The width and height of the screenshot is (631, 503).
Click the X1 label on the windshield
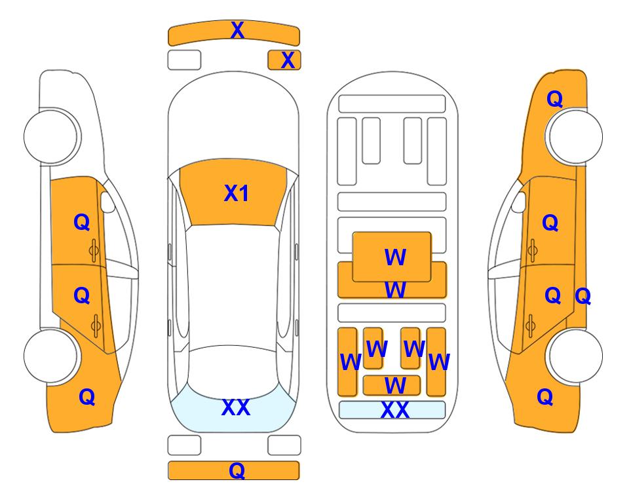tap(237, 193)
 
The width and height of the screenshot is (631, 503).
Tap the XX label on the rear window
tap(236, 407)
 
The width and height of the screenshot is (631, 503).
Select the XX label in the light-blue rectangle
tap(394, 410)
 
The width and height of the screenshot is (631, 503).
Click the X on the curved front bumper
tap(237, 30)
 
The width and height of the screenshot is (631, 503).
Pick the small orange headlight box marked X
tap(284, 60)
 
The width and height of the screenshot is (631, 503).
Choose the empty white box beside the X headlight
tap(184, 60)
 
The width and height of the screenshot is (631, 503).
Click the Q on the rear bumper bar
tap(237, 470)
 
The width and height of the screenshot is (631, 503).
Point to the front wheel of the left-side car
tap(51, 137)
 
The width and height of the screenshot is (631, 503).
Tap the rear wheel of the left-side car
tap(51, 356)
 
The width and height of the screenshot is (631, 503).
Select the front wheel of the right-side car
tap(575, 137)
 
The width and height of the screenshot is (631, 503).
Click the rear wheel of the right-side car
tap(575, 356)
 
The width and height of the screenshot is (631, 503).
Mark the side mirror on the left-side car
tap(107, 202)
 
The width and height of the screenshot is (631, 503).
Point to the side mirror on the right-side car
tap(518, 202)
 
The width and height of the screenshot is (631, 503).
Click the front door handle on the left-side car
tap(94, 250)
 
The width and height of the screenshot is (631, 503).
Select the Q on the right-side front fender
tap(554, 99)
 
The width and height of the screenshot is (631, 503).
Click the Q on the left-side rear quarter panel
tap(87, 397)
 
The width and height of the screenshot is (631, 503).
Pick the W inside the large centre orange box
tap(395, 257)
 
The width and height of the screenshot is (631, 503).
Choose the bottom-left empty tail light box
tap(184, 445)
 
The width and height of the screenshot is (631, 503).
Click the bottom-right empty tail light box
tap(284, 445)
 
